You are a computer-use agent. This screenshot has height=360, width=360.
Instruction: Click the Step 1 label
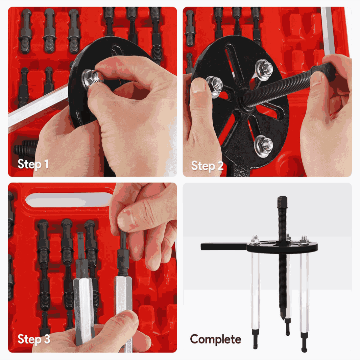point(33,164)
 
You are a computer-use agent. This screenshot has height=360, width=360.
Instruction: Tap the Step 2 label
point(207,166)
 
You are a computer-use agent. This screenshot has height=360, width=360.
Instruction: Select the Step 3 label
point(33,339)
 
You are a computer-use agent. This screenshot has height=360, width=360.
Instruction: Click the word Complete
point(216,339)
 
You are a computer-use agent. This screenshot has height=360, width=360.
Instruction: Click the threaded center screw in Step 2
point(277,88)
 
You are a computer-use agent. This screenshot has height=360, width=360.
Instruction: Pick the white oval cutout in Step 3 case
point(69,200)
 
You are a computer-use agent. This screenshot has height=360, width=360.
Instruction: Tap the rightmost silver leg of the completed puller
point(304,294)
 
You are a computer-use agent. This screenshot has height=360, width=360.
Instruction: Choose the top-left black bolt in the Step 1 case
point(26,32)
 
